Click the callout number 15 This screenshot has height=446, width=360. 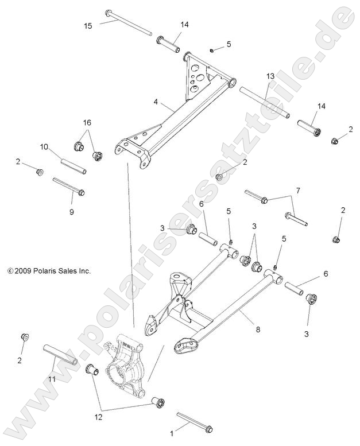[x=88, y=26]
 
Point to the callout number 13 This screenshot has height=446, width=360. [x=270, y=76]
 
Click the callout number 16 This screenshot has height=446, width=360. [x=87, y=123]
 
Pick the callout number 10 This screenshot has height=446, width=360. [x=44, y=148]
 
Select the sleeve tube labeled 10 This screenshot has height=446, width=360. [x=74, y=164]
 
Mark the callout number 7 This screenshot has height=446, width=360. [x=297, y=190]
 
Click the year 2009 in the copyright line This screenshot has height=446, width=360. [x=22, y=270]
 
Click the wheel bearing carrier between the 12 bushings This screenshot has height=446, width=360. [x=127, y=370]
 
